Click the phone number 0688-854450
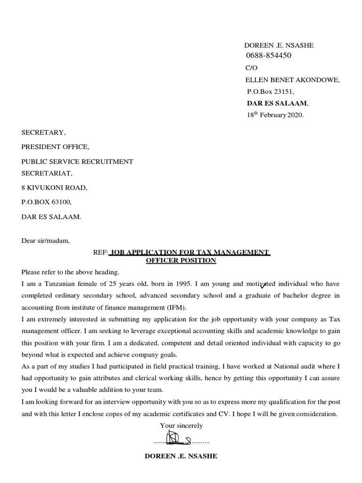point(269,56)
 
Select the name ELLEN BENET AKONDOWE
point(292,80)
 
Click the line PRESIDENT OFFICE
point(55,147)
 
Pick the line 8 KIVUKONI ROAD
point(54,187)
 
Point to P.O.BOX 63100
point(46,202)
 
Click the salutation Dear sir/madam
point(45,241)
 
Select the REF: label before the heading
point(100,252)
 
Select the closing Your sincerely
point(181,425)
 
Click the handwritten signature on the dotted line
point(181,441)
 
